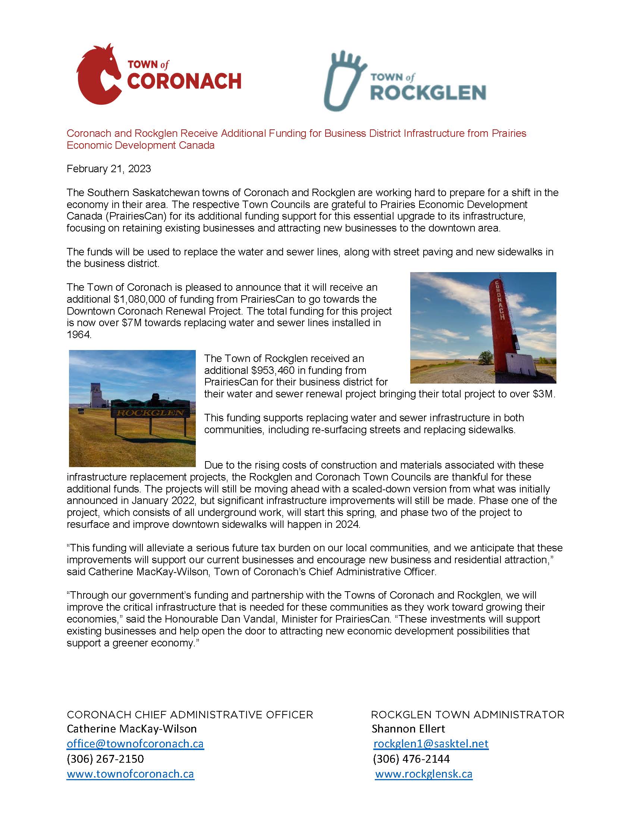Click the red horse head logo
98,75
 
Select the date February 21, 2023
109,169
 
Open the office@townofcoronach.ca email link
135,744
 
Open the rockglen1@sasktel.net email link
431,744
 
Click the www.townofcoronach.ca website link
131,774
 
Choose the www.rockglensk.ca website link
424,774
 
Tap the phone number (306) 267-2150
105,759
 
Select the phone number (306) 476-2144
411,759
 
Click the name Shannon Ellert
408,728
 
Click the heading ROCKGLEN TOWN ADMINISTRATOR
467,715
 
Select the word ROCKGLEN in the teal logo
428,93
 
